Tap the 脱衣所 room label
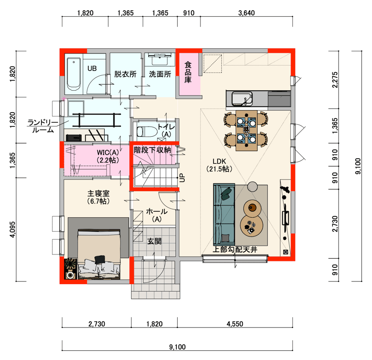tap(125, 74)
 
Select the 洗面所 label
tap(160, 74)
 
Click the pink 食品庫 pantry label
tap(188, 72)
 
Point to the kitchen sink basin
tap(242, 99)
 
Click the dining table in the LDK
tap(246, 130)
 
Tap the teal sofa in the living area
tap(224, 214)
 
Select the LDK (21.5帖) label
tap(219, 165)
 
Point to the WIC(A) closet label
tap(108, 156)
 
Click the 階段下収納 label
tap(153, 150)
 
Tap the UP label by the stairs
tap(182, 178)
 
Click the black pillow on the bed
tap(100, 260)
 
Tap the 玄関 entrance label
tap(154, 241)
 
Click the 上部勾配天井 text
tap(235, 249)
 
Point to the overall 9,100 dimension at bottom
tap(178, 347)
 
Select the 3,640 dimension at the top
tap(246, 13)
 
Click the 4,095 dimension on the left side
tap(13, 229)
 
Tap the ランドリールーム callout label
tap(43, 126)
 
